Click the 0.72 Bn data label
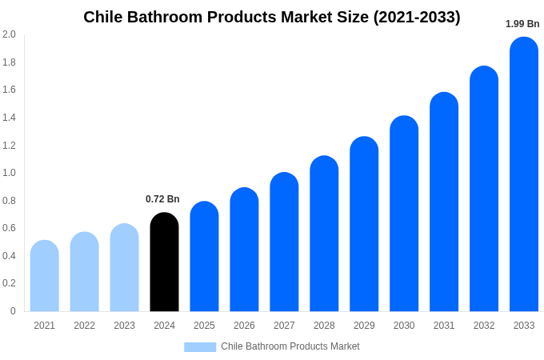(162, 199)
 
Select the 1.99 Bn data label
(522, 24)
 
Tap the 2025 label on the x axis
(204, 326)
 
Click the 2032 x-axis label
(484, 326)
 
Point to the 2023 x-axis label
(124, 326)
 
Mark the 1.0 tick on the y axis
(9, 173)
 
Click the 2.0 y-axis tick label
(9, 34)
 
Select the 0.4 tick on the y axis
(9, 256)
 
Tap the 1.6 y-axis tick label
(9, 90)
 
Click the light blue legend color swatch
(200, 347)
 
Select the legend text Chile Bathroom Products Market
(290, 346)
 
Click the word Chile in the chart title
(103, 17)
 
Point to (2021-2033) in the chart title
(417, 17)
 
